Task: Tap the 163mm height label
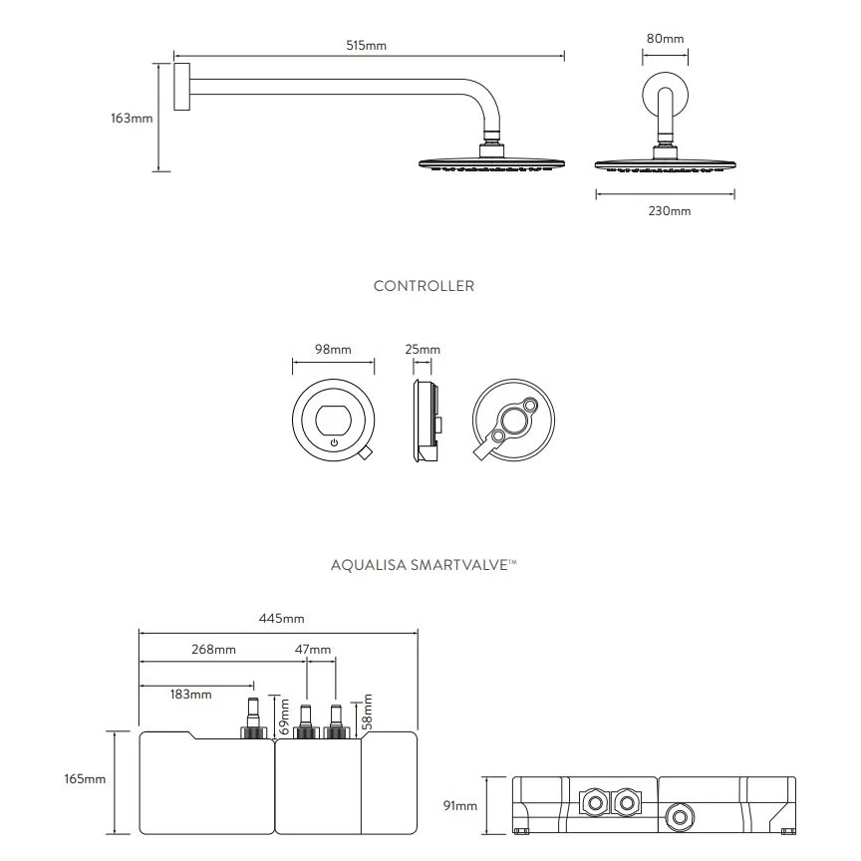tap(131, 118)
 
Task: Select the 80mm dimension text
tap(665, 38)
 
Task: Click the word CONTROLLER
tap(424, 286)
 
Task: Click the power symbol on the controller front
tap(334, 441)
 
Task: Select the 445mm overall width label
tap(280, 618)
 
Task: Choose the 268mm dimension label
tap(213, 650)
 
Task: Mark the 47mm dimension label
tap(313, 650)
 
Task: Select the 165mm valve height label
tap(86, 778)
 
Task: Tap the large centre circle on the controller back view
tap(514, 424)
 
